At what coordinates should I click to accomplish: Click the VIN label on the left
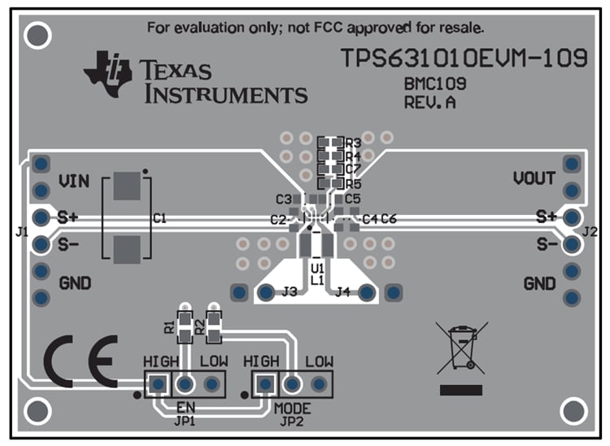pos(74,181)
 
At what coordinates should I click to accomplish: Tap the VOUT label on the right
pos(534,178)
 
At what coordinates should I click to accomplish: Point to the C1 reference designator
pos(159,218)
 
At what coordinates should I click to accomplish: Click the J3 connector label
pos(290,291)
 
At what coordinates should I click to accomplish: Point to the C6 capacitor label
pos(389,219)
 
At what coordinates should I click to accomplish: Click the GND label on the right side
pos(539,284)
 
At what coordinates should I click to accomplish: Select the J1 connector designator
pos(22,232)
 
